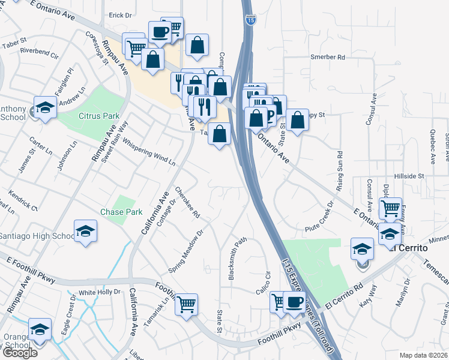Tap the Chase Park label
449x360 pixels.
tap(121, 212)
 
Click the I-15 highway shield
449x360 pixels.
tap(249, 20)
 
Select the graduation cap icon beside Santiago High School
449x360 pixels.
tap(86, 232)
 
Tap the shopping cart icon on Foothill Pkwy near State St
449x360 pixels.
tap(186, 304)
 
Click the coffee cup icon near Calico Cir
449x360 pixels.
tap(294, 302)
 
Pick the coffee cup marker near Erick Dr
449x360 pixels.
tap(160, 32)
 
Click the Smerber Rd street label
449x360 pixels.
tap(328, 58)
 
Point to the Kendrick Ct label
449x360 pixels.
tap(23, 201)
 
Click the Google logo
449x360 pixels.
tap(20, 353)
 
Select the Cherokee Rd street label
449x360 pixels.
tap(187, 202)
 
